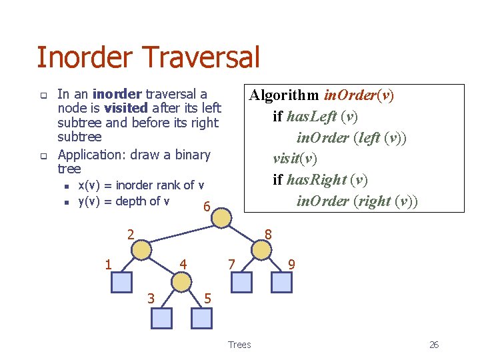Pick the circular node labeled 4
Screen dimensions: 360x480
(181, 282)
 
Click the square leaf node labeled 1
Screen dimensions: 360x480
(121, 283)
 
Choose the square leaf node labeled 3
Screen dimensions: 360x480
(161, 318)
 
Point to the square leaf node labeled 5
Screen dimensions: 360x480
(201, 318)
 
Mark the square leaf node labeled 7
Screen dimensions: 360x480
(241, 283)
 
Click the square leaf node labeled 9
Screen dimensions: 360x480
(281, 283)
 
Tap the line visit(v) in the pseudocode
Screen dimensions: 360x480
(295, 159)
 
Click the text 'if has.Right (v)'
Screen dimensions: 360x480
(320, 180)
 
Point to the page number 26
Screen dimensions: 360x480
(433, 345)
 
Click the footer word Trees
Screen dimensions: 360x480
(239, 345)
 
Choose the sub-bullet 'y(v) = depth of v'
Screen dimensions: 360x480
(123, 201)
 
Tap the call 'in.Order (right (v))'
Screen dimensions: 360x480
(357, 201)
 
